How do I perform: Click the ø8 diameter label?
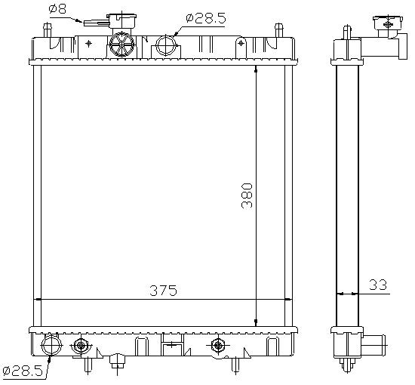point(57,9)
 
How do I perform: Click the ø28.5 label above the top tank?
point(206,18)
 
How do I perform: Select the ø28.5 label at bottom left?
point(23,371)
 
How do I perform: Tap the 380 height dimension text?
point(247,196)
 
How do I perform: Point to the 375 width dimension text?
point(163,291)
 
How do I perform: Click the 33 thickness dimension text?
point(378,285)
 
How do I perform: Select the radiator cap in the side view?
point(388,23)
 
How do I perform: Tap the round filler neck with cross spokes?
point(122,44)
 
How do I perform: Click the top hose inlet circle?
point(166,45)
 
